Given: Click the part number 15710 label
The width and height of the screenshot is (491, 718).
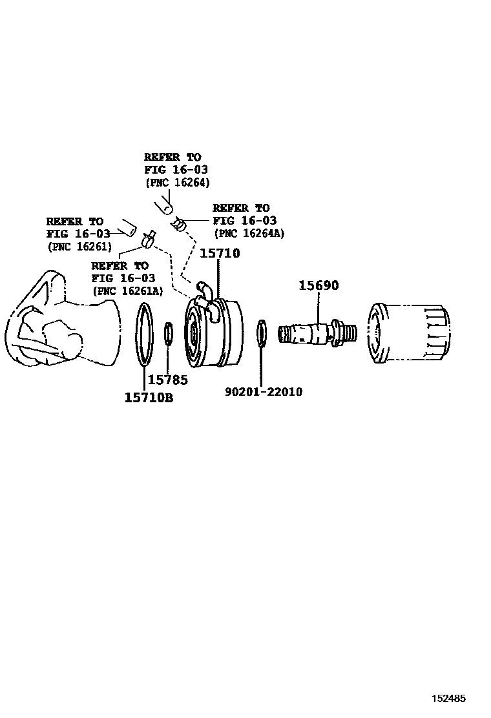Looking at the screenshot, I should click(220, 254).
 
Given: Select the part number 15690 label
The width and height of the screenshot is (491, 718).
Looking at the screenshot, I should click(318, 285).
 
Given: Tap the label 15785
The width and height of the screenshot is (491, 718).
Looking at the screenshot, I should click(167, 380).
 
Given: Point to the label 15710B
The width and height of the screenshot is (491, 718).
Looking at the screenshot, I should click(149, 398).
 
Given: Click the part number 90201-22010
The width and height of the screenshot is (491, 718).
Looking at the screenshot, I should click(264, 392).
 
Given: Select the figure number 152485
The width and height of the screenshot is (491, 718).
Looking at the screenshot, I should click(448, 699).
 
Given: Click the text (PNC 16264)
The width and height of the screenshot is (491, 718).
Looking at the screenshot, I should click(177, 182).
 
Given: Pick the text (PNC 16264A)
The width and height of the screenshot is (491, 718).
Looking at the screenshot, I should click(249, 233).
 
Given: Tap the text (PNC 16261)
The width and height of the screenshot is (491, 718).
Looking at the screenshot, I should click(79, 246).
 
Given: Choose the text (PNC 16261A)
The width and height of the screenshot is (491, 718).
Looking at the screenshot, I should click(127, 291).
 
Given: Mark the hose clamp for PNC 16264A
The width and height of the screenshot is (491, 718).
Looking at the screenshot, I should click(180, 225).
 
